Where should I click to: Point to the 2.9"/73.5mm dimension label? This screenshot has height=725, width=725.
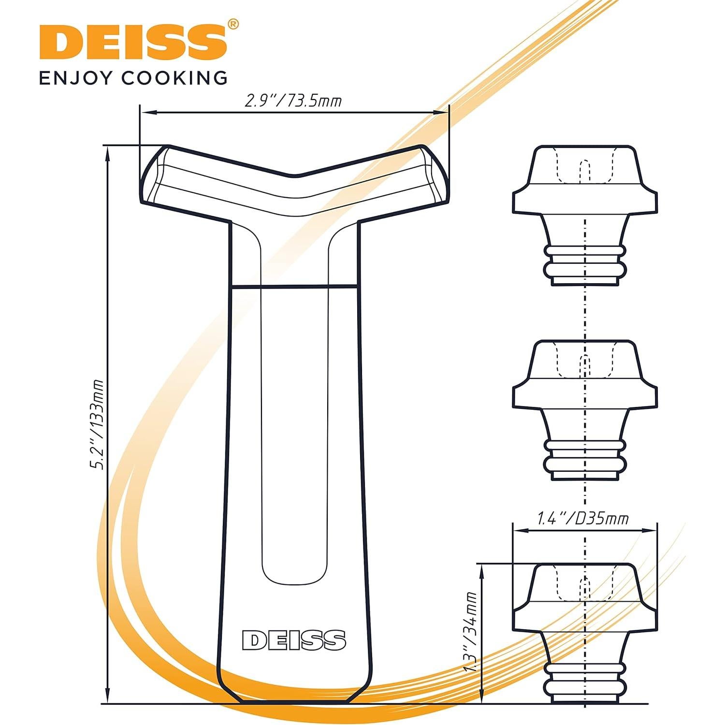(293, 101)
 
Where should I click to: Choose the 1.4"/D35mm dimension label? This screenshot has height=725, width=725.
(583, 519)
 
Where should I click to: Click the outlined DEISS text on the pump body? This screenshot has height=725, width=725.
(294, 640)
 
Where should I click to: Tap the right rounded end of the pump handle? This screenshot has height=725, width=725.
(435, 174)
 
